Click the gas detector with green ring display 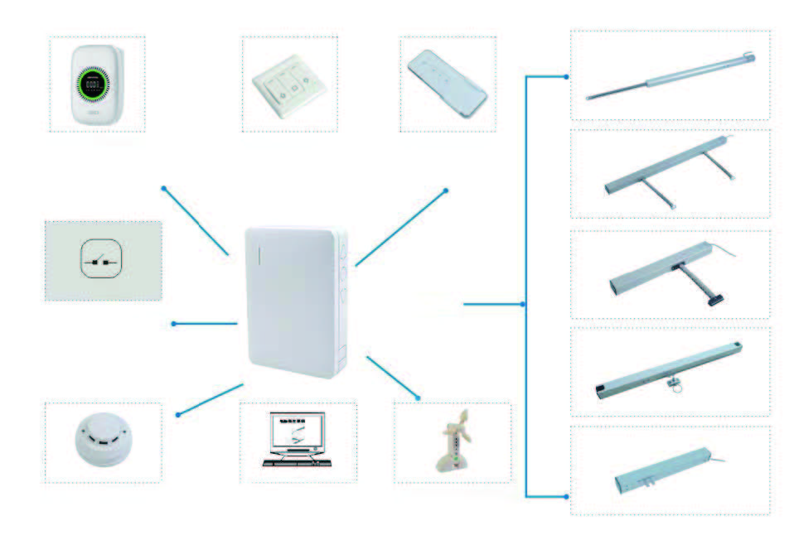tap(96, 84)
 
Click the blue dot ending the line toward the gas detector tap(164, 188)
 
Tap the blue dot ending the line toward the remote tap(446, 191)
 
